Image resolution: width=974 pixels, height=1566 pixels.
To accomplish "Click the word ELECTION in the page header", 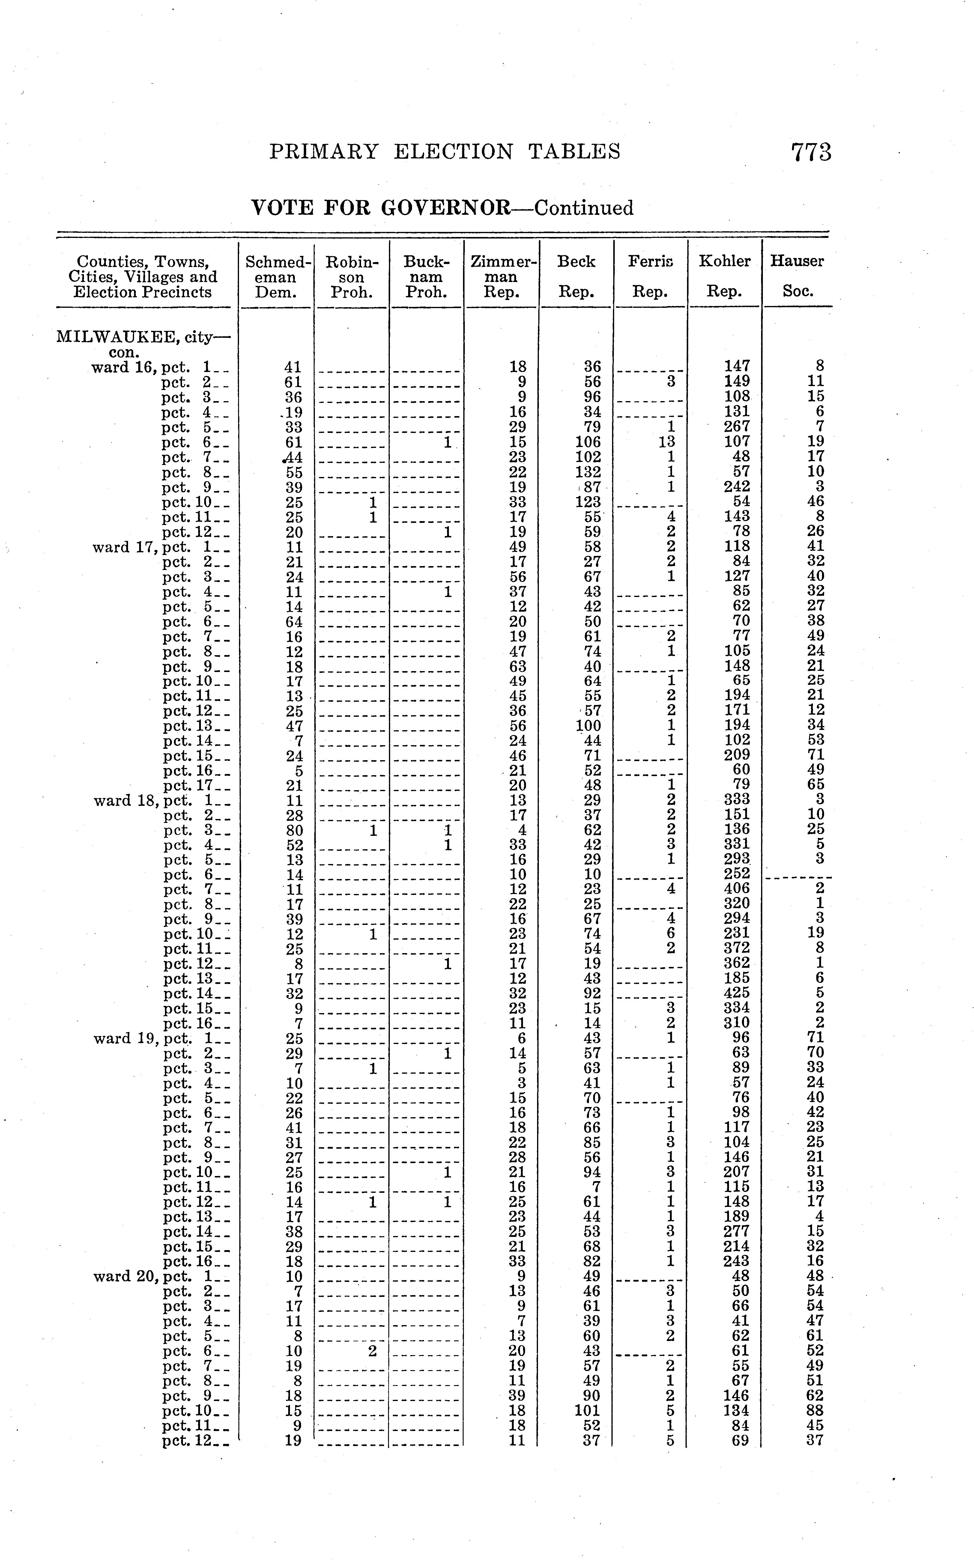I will [453, 152].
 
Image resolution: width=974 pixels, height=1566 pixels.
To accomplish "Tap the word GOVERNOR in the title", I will [446, 208].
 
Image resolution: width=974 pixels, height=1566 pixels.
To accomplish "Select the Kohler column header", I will [725, 262].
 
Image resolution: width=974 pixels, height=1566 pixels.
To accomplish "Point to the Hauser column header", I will [797, 262].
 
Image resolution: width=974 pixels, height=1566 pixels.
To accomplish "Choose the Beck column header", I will [577, 262].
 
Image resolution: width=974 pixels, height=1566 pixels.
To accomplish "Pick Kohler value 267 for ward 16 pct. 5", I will [737, 427].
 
